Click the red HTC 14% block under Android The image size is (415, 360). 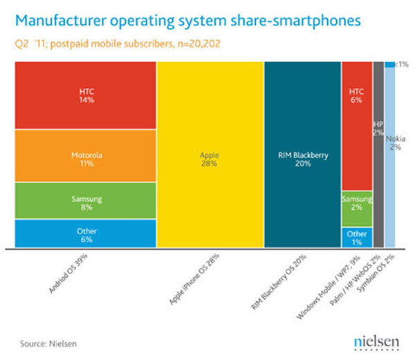click(84, 95)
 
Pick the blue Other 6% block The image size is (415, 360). click(84, 234)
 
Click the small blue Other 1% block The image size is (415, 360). click(357, 237)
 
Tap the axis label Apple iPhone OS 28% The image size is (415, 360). click(196, 280)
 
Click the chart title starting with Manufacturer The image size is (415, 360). click(187, 21)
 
